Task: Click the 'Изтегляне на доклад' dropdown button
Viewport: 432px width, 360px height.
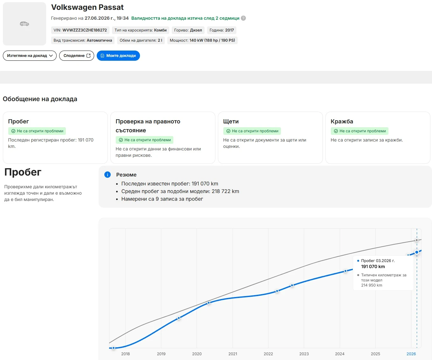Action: pyautogui.click(x=30, y=56)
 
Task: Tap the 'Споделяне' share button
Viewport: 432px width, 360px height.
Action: pyautogui.click(x=77, y=56)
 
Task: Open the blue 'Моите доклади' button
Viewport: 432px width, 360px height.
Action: pyautogui.click(x=118, y=56)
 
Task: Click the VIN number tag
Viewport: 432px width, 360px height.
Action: pyautogui.click(x=80, y=30)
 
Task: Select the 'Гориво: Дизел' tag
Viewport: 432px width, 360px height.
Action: pyautogui.click(x=188, y=30)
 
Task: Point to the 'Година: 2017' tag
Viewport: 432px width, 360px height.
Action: pyautogui.click(x=222, y=30)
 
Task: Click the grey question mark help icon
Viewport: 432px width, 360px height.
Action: pyautogui.click(x=243, y=18)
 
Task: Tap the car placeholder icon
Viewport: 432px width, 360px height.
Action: pyautogui.click(x=24, y=24)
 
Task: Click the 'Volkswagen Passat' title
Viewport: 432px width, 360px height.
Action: pyautogui.click(x=87, y=7)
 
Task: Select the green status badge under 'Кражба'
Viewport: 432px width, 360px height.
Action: pyautogui.click(x=359, y=131)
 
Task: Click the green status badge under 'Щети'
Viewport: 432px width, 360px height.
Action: pyautogui.click(x=252, y=131)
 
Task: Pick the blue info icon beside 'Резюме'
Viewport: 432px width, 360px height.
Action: pyautogui.click(x=108, y=175)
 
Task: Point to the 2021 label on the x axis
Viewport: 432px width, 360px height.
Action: pyautogui.click(x=233, y=354)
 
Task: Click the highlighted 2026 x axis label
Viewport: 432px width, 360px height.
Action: pyautogui.click(x=411, y=354)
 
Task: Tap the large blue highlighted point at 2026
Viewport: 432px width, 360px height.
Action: pyautogui.click(x=417, y=252)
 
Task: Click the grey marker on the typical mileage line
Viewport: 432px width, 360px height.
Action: pyautogui.click(x=417, y=240)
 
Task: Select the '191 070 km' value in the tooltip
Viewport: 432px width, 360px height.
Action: pyautogui.click(x=373, y=267)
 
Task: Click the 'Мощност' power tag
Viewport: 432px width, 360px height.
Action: pyautogui.click(x=202, y=40)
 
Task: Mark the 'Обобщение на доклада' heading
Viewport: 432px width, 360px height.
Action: pyautogui.click(x=40, y=99)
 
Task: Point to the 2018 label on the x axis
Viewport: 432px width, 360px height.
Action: pyautogui.click(x=125, y=354)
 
